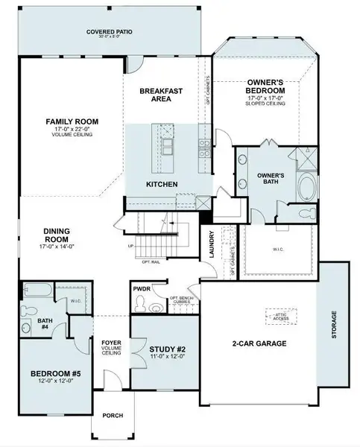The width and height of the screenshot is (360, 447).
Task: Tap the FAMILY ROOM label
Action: click(72, 122)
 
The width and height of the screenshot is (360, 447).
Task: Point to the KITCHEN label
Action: click(160, 183)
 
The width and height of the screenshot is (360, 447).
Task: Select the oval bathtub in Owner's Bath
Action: click(306, 186)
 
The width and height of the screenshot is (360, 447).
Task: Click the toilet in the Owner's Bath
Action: click(304, 215)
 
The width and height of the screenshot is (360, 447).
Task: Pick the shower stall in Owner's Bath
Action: click(306, 157)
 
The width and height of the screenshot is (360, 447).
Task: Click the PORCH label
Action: click(113, 416)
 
